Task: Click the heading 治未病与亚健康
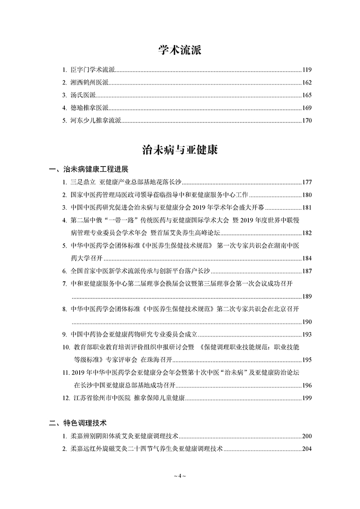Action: pyautogui.click(x=180, y=150)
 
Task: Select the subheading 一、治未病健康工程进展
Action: pyautogui.click(x=89, y=170)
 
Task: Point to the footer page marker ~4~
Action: pyautogui.click(x=180, y=476)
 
